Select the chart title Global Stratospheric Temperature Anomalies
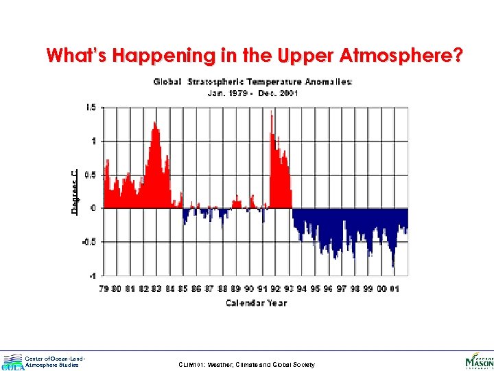[x=253, y=82]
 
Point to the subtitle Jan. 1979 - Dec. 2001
[x=253, y=93]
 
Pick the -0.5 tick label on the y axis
[x=90, y=242]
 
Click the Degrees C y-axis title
[x=75, y=192]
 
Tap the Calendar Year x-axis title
[x=256, y=302]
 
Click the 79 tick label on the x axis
[x=104, y=289]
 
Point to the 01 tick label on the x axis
[x=395, y=289]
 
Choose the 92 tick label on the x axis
[x=275, y=289]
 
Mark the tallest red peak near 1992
[x=272, y=113]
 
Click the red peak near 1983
[x=156, y=124]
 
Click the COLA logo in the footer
[x=12, y=361]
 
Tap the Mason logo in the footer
[x=478, y=360]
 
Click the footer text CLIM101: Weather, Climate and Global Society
[x=246, y=365]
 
